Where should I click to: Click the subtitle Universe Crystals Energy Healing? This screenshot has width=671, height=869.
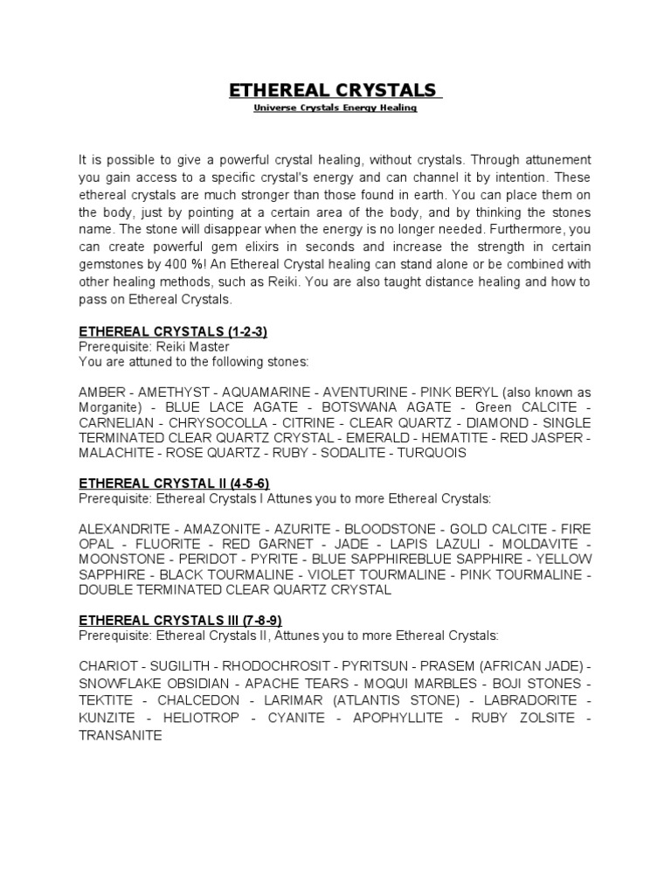tap(335, 108)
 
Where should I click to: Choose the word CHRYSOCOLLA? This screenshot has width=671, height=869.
tap(213, 422)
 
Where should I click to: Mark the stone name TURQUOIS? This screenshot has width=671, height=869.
tap(432, 453)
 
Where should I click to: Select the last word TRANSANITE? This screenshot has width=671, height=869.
tap(121, 736)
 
